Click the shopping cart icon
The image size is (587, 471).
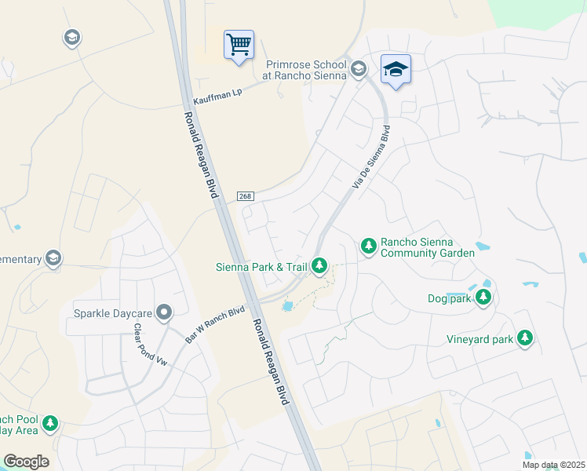239,44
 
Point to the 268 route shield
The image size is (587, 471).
244,196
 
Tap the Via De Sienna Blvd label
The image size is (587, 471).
371,156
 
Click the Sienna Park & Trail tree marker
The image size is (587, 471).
319,266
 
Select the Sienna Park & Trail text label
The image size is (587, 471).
261,267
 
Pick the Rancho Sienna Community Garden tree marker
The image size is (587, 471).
367,246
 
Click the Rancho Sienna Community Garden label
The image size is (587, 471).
427,248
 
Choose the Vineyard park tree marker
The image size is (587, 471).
524,338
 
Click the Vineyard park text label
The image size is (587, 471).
479,339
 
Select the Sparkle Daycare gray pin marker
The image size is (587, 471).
164,313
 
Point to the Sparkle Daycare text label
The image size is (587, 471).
112,313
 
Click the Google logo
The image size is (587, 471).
27,462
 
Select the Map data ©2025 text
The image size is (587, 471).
553,465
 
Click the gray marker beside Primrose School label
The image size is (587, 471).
359,69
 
